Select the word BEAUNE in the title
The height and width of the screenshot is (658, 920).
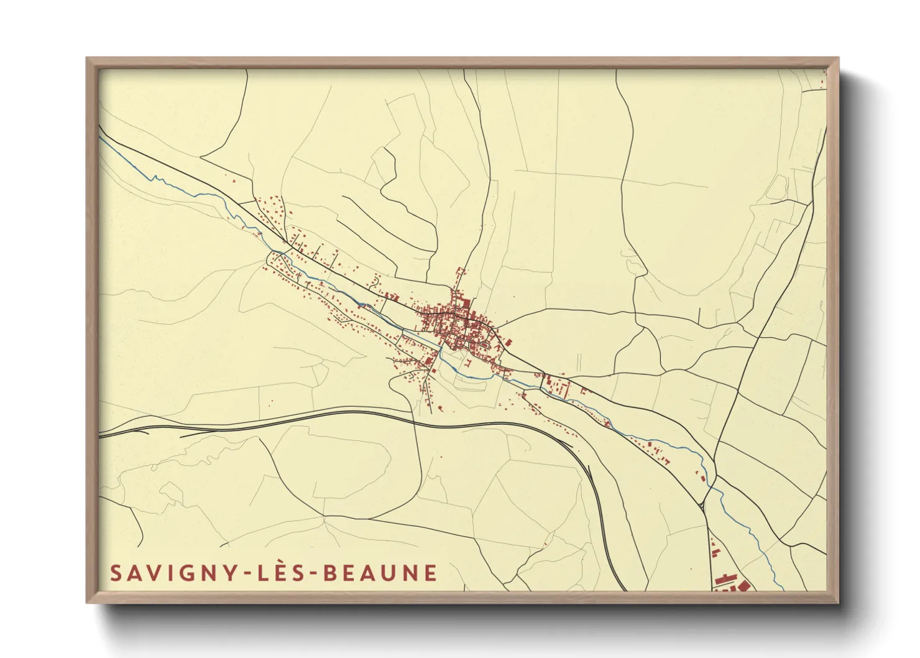[x=380, y=573]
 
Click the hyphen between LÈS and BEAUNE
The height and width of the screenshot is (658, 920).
[x=312, y=574]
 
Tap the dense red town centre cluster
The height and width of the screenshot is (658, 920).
[x=457, y=323]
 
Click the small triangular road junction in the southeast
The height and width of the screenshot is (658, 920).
[x=703, y=505]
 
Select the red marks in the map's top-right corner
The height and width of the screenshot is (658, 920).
[x=824, y=77]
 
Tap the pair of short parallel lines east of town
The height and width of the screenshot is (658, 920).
[x=578, y=361]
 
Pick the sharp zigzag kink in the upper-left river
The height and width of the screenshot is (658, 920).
[x=154, y=178]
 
